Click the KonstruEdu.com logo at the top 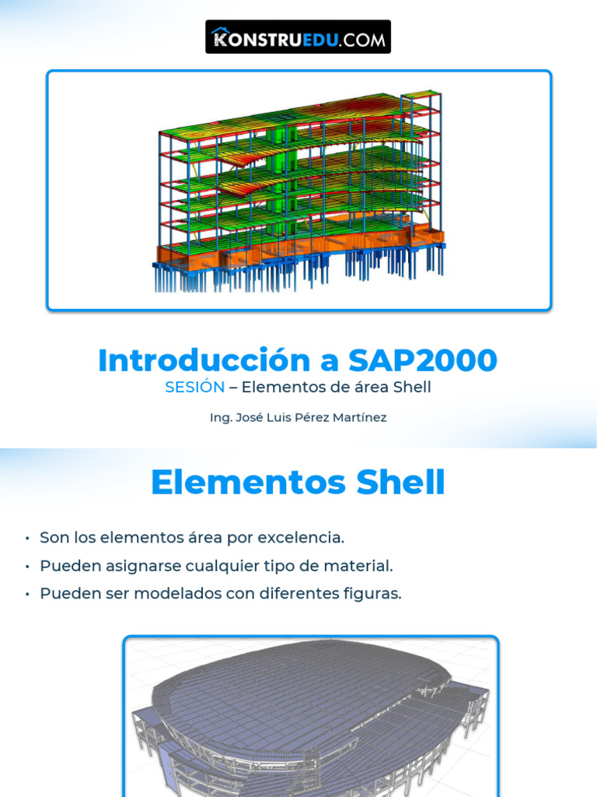click(298, 37)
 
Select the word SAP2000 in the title click(422, 360)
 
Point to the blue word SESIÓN click(194, 388)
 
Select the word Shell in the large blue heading click(400, 483)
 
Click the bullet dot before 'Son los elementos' click(27, 539)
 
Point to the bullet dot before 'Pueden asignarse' click(27, 567)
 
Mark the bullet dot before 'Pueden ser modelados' click(27, 595)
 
